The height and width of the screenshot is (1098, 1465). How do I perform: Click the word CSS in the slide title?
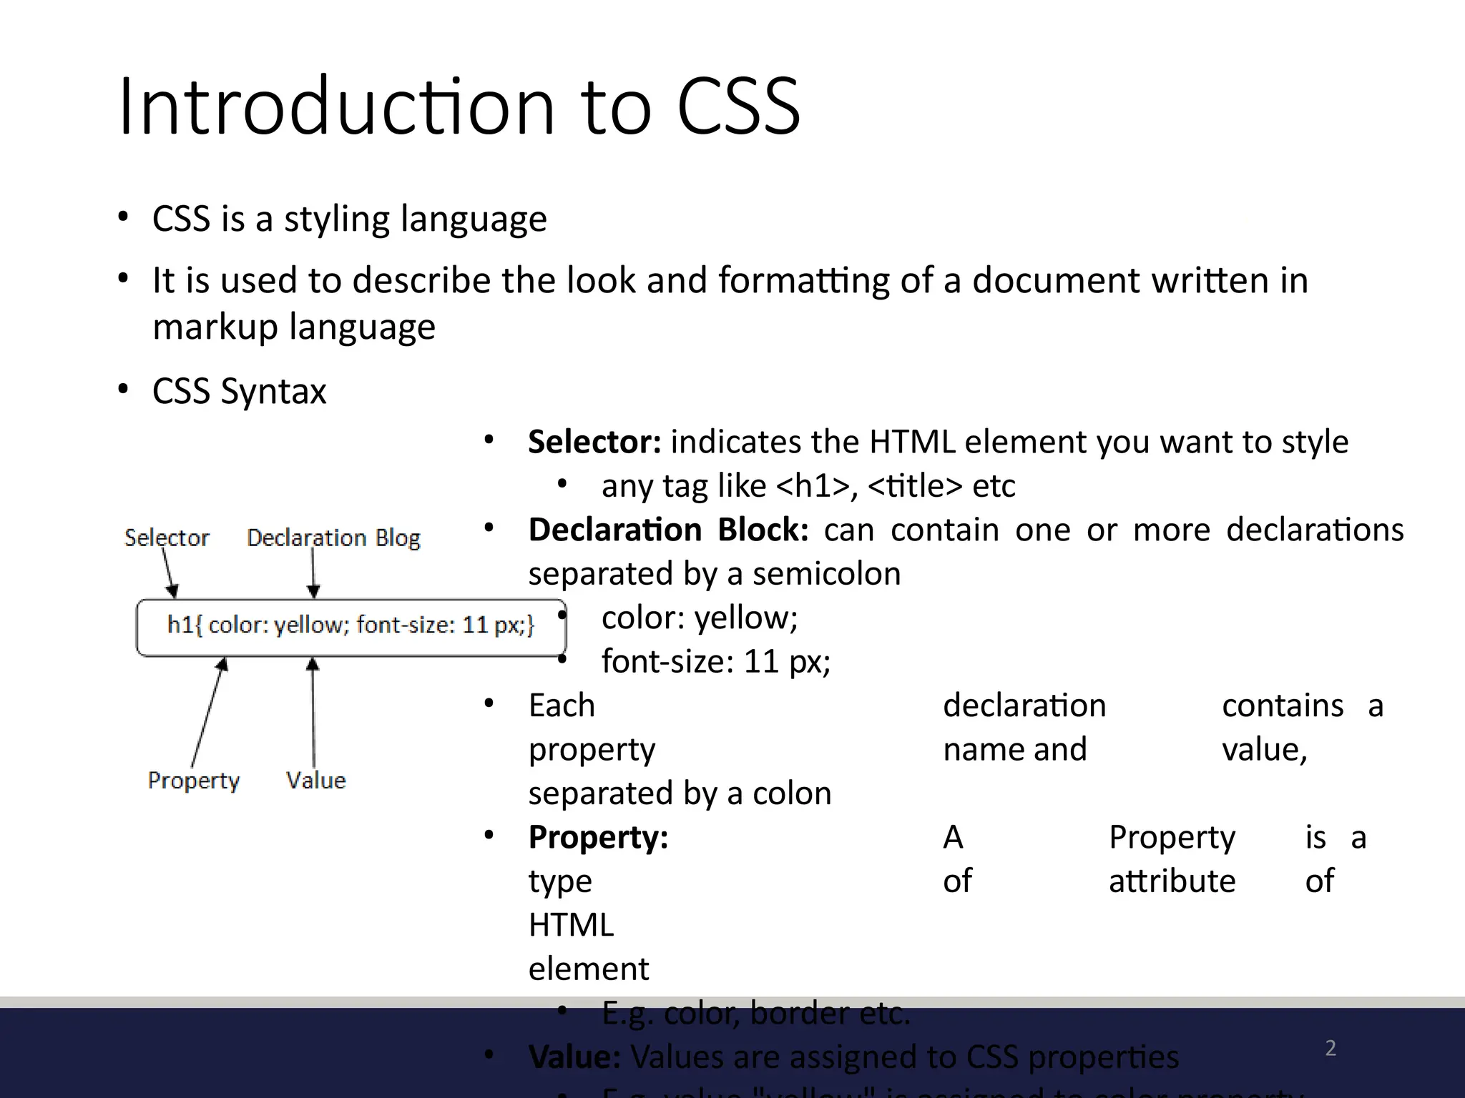point(738,107)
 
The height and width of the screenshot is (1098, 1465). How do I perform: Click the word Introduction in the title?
point(336,107)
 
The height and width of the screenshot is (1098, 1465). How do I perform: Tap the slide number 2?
point(1331,1048)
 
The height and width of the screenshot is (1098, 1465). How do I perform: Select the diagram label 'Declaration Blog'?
point(333,538)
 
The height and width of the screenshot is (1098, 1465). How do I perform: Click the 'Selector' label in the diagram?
point(167,538)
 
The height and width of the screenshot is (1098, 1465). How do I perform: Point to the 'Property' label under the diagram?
point(193,781)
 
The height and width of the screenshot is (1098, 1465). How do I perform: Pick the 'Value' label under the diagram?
point(315,780)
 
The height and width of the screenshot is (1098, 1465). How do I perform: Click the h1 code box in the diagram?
point(351,626)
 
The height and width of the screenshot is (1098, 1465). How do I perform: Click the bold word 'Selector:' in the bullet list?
point(594,442)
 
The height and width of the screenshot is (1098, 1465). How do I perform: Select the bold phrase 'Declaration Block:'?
point(668,530)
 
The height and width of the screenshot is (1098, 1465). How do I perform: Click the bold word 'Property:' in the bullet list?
point(598,837)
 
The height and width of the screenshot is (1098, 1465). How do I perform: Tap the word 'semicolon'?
point(826,574)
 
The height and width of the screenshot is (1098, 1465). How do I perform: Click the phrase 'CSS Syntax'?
point(239,391)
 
